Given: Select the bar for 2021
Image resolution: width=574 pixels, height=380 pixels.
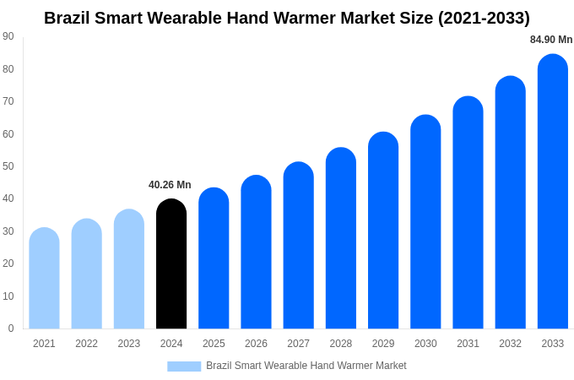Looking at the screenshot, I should pos(44,279).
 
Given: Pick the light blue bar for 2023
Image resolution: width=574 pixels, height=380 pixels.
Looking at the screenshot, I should pos(129,269).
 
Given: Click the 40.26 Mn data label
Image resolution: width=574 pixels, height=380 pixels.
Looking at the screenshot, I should pos(170,185).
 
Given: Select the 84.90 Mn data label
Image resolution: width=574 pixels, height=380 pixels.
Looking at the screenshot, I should pos(551,40).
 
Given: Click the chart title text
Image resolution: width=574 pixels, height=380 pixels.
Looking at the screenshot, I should pos(287,18).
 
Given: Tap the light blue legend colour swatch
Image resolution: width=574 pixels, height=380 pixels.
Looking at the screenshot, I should pos(184,366).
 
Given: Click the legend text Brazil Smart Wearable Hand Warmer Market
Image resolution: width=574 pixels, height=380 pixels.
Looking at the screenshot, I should pos(306,366).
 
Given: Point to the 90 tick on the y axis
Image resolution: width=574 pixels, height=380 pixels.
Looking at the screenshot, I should pos(8,36).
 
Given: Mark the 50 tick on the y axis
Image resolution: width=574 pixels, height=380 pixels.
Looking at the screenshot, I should pos(8,166).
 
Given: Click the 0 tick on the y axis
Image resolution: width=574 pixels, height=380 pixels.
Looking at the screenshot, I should pos(11,328).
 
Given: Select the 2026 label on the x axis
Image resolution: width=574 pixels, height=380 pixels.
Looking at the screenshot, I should pos(256,344).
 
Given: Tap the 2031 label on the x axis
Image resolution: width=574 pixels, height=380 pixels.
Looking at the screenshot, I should pos(468,344).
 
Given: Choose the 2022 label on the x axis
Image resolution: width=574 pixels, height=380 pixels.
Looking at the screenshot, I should pos(86,344).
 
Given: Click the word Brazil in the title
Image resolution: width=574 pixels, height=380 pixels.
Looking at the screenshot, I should pos(70,18).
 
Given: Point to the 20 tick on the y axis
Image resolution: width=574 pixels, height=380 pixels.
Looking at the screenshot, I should pos(8,263).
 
